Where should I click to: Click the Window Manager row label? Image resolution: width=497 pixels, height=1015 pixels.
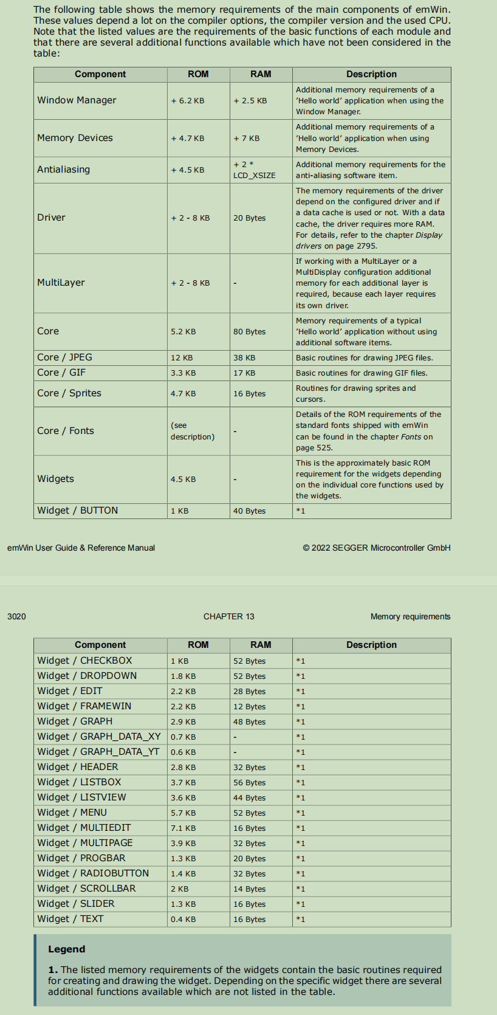(x=77, y=100)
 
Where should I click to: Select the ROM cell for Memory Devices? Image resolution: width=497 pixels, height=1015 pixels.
(x=188, y=139)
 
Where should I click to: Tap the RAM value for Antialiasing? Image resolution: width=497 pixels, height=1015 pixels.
(x=254, y=170)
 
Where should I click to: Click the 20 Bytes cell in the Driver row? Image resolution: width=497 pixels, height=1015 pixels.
(x=249, y=218)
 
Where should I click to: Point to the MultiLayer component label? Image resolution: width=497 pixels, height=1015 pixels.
(x=61, y=283)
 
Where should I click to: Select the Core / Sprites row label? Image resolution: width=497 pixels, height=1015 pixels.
(x=69, y=393)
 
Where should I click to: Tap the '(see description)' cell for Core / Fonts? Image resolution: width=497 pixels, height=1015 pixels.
(x=192, y=431)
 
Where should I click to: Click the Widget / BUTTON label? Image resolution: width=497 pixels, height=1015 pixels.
(x=78, y=511)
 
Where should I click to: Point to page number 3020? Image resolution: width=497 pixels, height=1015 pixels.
(x=16, y=616)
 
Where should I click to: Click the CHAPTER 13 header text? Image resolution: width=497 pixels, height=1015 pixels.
(x=228, y=616)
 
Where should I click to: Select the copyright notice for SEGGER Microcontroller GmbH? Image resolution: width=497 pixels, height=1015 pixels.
(x=377, y=548)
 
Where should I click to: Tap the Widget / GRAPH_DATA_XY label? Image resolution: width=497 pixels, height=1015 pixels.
(x=99, y=737)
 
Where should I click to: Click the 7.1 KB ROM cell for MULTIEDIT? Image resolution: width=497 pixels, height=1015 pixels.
(x=183, y=828)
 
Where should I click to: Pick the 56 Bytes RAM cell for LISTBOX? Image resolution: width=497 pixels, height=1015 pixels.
(x=249, y=783)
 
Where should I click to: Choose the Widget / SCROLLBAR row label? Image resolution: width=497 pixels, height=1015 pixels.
(x=86, y=889)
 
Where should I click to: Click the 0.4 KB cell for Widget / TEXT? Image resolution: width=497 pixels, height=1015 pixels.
(x=183, y=920)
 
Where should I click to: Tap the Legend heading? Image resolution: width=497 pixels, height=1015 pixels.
(x=67, y=949)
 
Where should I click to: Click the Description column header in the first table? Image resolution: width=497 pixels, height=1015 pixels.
(x=371, y=74)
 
